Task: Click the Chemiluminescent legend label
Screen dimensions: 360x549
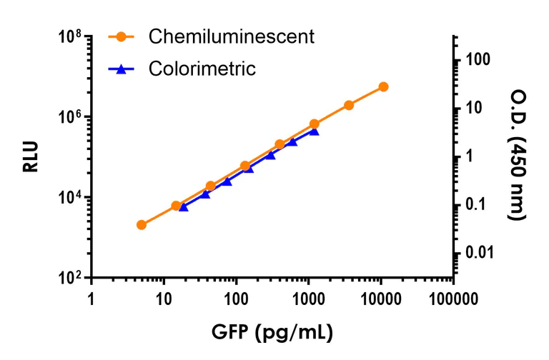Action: tap(231, 36)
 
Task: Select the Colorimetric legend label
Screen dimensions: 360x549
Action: tap(202, 69)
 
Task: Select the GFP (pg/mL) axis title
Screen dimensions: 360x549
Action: tap(272, 331)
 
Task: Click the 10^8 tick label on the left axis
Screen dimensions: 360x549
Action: tap(69, 37)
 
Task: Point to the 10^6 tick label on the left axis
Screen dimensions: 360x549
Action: tap(69, 117)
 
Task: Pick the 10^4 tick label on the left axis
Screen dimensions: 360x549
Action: tap(69, 198)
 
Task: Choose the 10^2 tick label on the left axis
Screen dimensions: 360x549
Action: tap(69, 279)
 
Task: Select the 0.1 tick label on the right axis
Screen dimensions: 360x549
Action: tap(478, 205)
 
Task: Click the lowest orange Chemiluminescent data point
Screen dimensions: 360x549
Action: tap(142, 225)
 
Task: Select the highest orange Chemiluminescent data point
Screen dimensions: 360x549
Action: tap(383, 86)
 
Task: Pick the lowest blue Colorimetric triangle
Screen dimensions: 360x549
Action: tap(183, 206)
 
